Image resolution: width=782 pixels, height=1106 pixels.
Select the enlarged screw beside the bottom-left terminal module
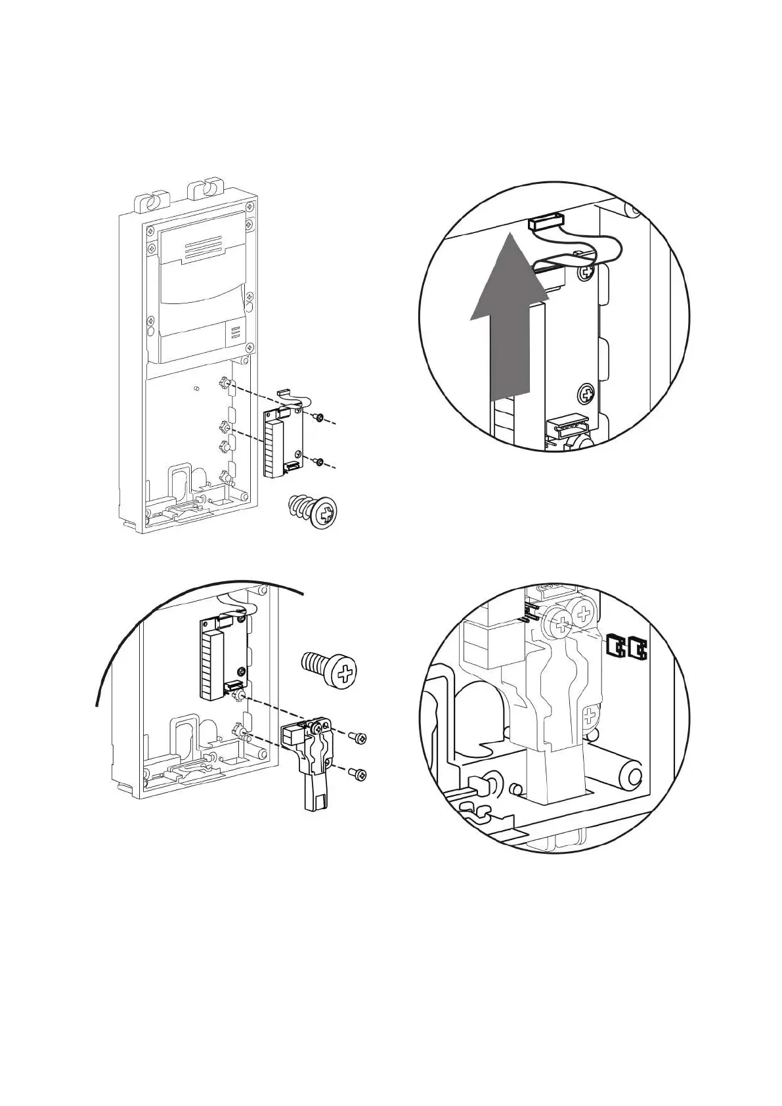[331, 669]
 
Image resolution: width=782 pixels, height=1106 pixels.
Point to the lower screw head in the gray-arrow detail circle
[586, 394]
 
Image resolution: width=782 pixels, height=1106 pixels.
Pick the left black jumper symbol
[615, 647]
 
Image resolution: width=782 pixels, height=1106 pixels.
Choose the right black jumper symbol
[637, 648]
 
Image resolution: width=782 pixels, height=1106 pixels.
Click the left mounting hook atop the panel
[150, 197]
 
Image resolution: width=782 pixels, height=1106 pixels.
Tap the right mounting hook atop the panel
[205, 189]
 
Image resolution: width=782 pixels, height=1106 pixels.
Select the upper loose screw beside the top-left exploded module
[318, 417]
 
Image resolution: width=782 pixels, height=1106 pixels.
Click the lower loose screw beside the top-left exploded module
[317, 462]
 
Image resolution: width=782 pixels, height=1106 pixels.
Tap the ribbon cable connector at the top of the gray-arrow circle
[546, 223]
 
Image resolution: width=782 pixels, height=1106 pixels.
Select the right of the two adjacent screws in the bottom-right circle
[582, 615]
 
